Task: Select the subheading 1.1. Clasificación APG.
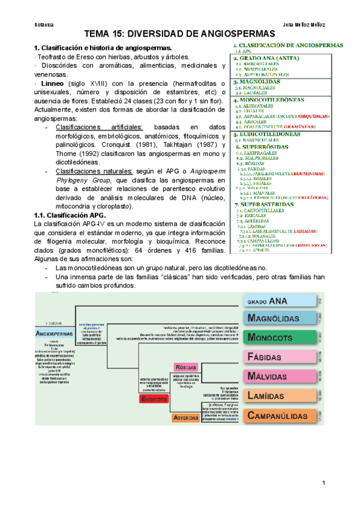click(x=70, y=215)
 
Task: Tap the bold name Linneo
click(x=52, y=82)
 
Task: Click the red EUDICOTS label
click(x=156, y=400)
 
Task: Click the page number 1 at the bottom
click(x=323, y=483)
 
